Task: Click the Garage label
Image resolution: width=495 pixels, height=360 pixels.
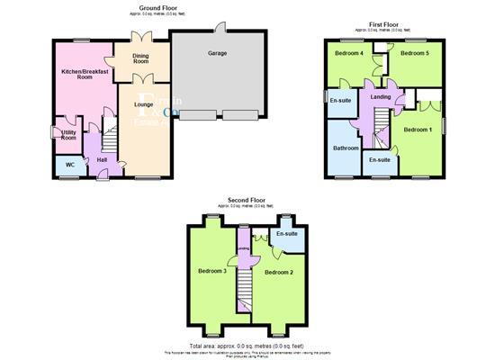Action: (217, 54)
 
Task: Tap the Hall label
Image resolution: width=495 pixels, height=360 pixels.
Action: (102, 160)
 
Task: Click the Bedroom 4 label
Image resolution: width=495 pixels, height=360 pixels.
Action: (349, 54)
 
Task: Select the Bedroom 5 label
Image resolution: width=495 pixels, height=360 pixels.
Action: (415, 54)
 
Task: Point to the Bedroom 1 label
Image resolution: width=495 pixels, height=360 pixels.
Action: (418, 130)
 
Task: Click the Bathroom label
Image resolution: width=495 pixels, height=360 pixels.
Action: (346, 148)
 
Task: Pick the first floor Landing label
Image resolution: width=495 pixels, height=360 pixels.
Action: (380, 97)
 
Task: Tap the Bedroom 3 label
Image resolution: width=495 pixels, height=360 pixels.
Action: (212, 271)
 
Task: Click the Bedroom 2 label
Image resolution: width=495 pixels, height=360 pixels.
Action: (279, 272)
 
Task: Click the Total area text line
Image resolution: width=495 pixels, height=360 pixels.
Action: (247, 346)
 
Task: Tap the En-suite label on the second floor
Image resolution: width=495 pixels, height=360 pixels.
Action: (287, 234)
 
